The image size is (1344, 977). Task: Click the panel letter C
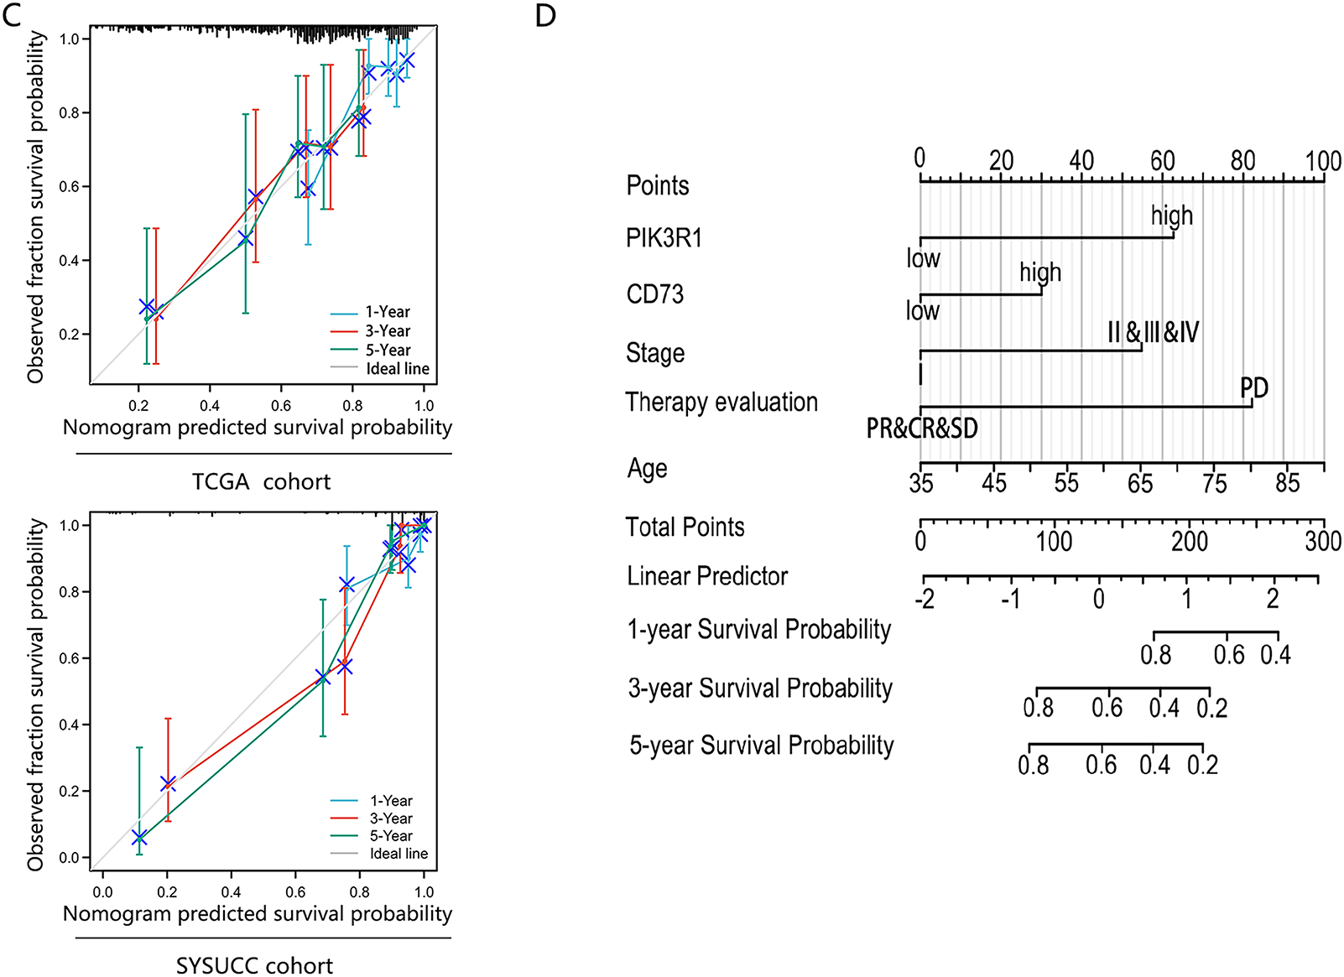point(12,16)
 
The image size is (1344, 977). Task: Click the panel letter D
point(545,16)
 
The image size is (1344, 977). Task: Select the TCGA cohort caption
point(261,482)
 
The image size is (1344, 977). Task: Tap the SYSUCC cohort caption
point(254,966)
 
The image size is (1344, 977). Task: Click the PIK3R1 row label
point(664,238)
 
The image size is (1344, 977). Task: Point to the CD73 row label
point(654,294)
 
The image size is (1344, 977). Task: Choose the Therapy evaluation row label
point(721,403)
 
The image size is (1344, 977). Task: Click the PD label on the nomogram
point(1254,388)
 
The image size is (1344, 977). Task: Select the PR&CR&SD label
point(922,429)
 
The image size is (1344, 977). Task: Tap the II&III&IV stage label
point(1154,332)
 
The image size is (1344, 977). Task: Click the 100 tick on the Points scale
point(1323,160)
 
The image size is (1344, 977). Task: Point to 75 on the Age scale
point(1214,483)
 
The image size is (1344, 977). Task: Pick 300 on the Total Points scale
point(1323,542)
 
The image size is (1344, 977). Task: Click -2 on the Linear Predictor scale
point(925,599)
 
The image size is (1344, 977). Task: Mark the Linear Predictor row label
point(707,576)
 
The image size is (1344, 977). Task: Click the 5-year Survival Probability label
point(762,746)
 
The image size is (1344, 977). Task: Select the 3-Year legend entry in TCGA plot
point(387,331)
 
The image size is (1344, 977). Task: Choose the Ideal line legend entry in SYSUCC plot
point(399,854)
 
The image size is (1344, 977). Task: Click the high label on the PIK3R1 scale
point(1172,216)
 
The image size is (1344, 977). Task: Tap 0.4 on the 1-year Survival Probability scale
point(1275,655)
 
